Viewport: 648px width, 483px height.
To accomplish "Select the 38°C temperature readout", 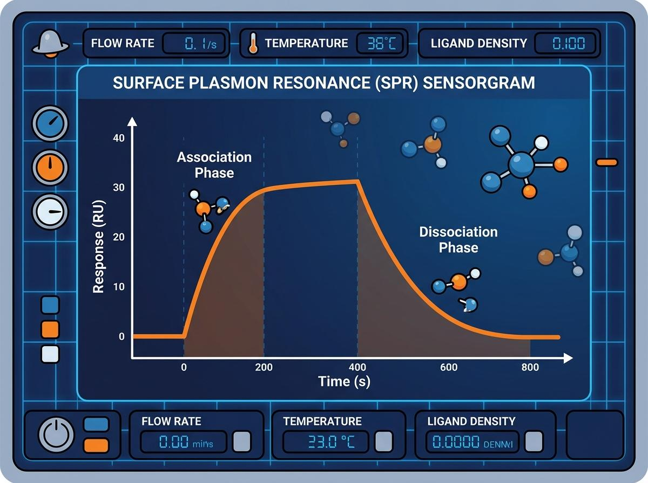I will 376,44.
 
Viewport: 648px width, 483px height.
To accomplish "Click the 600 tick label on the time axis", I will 449,367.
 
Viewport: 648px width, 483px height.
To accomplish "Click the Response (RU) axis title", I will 98,246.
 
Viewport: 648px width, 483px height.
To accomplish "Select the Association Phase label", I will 214,165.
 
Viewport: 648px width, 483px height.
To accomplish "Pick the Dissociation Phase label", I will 458,240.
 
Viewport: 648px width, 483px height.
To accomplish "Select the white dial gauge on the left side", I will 50,211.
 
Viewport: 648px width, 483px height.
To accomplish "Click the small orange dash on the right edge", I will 606,162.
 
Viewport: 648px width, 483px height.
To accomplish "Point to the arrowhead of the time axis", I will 568,357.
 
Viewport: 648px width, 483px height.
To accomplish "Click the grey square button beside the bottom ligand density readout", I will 534,441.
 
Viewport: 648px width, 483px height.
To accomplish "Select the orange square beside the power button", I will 97,445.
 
